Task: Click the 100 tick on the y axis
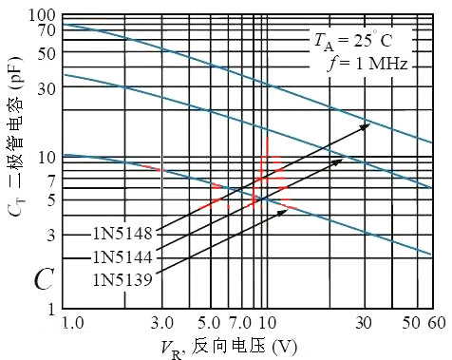coord(42,15)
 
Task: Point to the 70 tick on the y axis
coord(47,30)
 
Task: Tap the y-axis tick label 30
coord(47,89)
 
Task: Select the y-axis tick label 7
coord(51,180)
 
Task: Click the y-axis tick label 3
coord(51,235)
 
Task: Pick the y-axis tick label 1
coord(51,309)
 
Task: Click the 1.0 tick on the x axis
coord(73,324)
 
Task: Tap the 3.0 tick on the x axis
coord(162,324)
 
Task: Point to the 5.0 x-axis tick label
coord(209,324)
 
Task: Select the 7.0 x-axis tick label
coord(240,324)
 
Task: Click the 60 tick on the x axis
coord(437,324)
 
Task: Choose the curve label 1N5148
coord(122,234)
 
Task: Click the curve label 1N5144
coord(122,256)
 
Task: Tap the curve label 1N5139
coord(122,280)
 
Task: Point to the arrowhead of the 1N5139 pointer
coord(282,213)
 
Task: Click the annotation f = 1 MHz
coord(367,64)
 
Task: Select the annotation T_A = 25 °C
coord(353,41)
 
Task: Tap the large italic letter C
coord(44,279)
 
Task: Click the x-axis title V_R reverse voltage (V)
coord(229,349)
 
